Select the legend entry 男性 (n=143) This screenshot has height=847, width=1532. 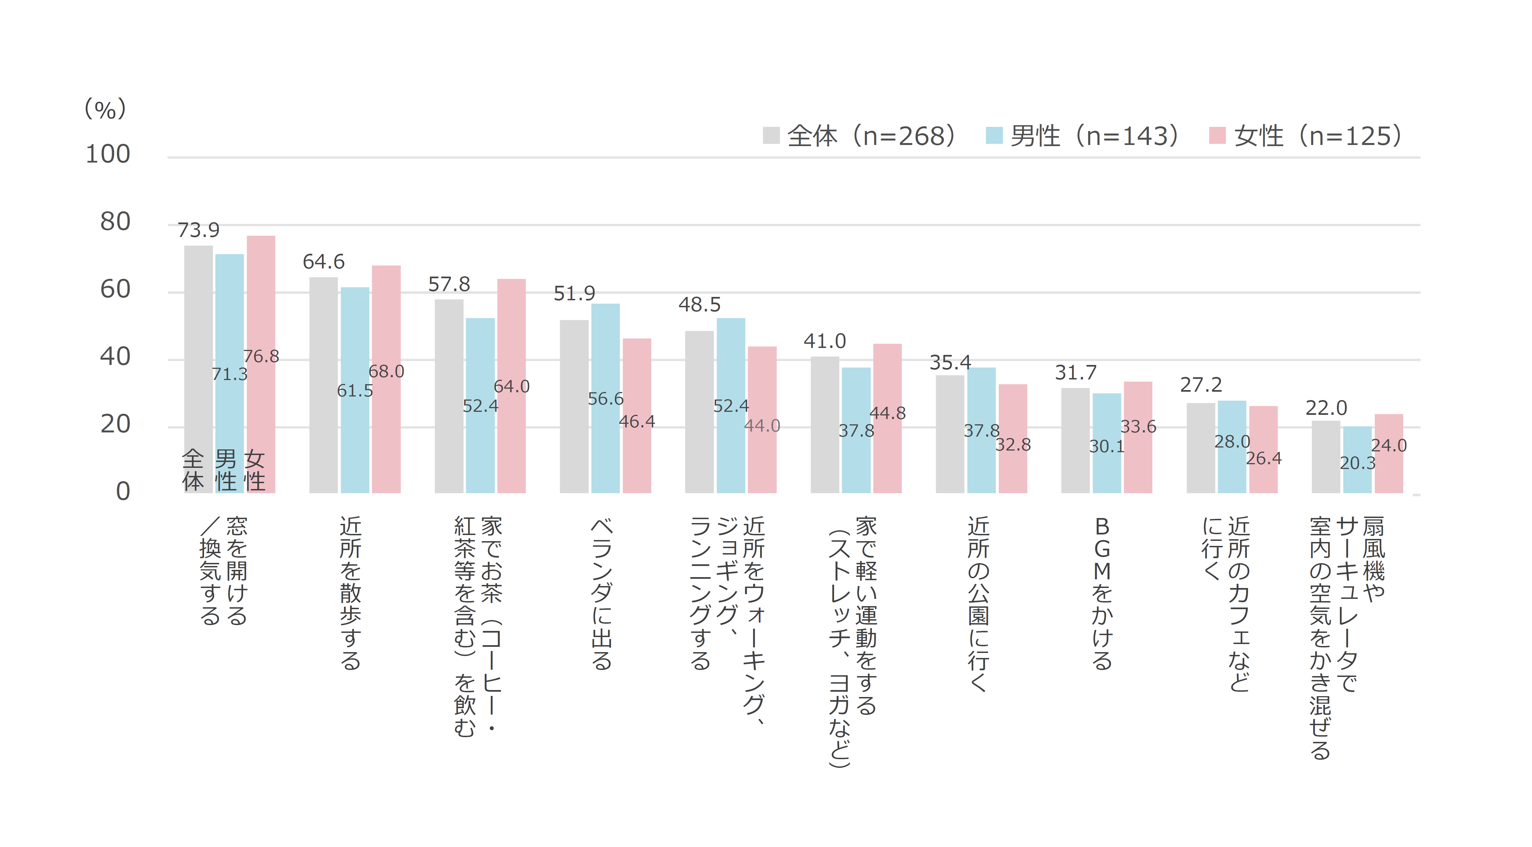pos(1082,136)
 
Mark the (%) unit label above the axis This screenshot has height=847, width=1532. pos(105,109)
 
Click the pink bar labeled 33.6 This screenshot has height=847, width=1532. pos(1138,464)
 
